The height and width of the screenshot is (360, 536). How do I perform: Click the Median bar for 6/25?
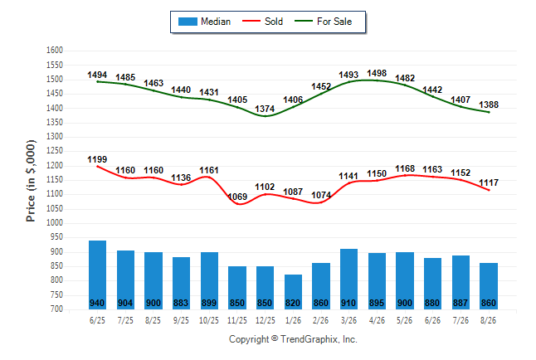click(97, 275)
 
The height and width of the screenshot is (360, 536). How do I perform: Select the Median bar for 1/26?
click(293, 292)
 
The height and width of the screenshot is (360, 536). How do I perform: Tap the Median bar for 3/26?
click(349, 279)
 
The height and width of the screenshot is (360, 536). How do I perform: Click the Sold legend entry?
click(262, 22)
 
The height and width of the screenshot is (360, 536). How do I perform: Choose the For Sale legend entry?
click(323, 22)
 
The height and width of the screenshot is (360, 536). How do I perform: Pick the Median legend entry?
click(204, 22)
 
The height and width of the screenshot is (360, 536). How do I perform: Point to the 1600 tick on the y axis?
click(55, 51)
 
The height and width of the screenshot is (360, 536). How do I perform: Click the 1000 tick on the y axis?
click(55, 222)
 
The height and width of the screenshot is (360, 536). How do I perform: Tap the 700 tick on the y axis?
click(55, 309)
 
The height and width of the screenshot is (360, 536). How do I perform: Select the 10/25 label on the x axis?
click(209, 320)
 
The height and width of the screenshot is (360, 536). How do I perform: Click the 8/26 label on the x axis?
click(488, 320)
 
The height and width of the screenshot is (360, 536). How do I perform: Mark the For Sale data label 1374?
click(265, 109)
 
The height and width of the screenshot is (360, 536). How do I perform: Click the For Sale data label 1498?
click(377, 73)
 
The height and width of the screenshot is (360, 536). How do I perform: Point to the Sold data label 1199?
click(97, 159)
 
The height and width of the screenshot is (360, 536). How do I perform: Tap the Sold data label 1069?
click(237, 197)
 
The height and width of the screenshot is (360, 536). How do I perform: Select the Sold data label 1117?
click(489, 182)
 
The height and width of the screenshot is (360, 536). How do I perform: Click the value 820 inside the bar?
click(293, 303)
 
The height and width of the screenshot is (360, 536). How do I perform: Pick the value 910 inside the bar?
click(348, 303)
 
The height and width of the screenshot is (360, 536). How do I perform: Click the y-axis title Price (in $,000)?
click(31, 181)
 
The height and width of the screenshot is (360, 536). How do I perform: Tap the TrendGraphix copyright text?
click(293, 339)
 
